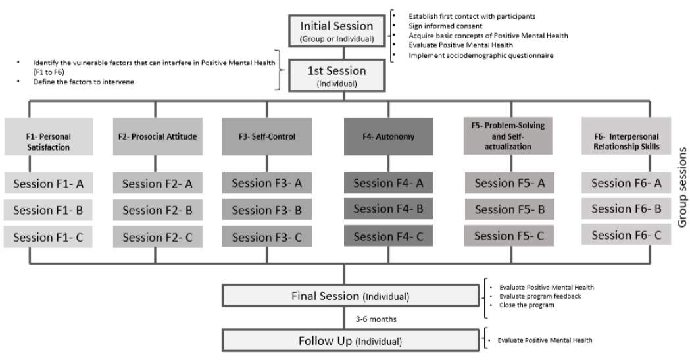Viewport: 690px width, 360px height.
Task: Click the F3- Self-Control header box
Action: (266, 137)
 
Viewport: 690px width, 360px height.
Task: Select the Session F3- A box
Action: (266, 184)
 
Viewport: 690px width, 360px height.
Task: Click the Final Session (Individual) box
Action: (349, 297)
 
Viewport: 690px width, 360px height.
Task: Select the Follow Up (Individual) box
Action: (349, 341)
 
